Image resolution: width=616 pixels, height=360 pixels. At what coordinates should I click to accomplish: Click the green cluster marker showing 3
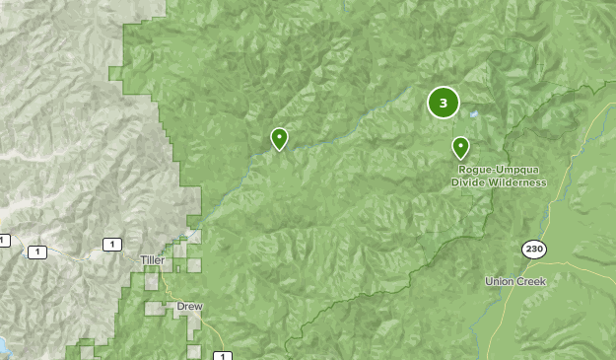pyautogui.click(x=443, y=102)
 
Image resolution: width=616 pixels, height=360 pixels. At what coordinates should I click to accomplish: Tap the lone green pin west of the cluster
pyautogui.click(x=279, y=138)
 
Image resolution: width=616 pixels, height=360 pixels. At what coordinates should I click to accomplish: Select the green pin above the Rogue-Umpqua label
pyautogui.click(x=460, y=147)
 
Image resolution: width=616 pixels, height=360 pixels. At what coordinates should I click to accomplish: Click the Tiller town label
pyautogui.click(x=153, y=259)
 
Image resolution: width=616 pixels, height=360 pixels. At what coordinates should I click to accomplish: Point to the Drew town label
pyautogui.click(x=189, y=307)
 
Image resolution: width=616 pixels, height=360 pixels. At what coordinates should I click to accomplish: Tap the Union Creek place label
pyautogui.click(x=515, y=281)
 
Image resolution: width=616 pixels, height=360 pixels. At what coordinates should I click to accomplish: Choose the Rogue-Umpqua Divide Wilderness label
pyautogui.click(x=499, y=176)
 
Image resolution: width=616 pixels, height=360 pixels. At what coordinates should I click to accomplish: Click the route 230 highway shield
pyautogui.click(x=534, y=250)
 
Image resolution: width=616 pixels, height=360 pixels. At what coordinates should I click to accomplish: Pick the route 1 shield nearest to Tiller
pyautogui.click(x=113, y=244)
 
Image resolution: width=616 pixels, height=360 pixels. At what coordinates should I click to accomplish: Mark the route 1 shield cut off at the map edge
pyautogui.click(x=4, y=240)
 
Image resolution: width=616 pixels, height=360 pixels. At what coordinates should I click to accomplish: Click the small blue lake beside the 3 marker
pyautogui.click(x=474, y=114)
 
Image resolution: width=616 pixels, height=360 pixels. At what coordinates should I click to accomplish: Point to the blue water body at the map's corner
pyautogui.click(x=3, y=345)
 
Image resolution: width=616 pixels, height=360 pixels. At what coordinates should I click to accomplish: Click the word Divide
pyautogui.click(x=468, y=182)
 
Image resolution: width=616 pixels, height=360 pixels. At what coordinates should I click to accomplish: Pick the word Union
pyautogui.click(x=499, y=281)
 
